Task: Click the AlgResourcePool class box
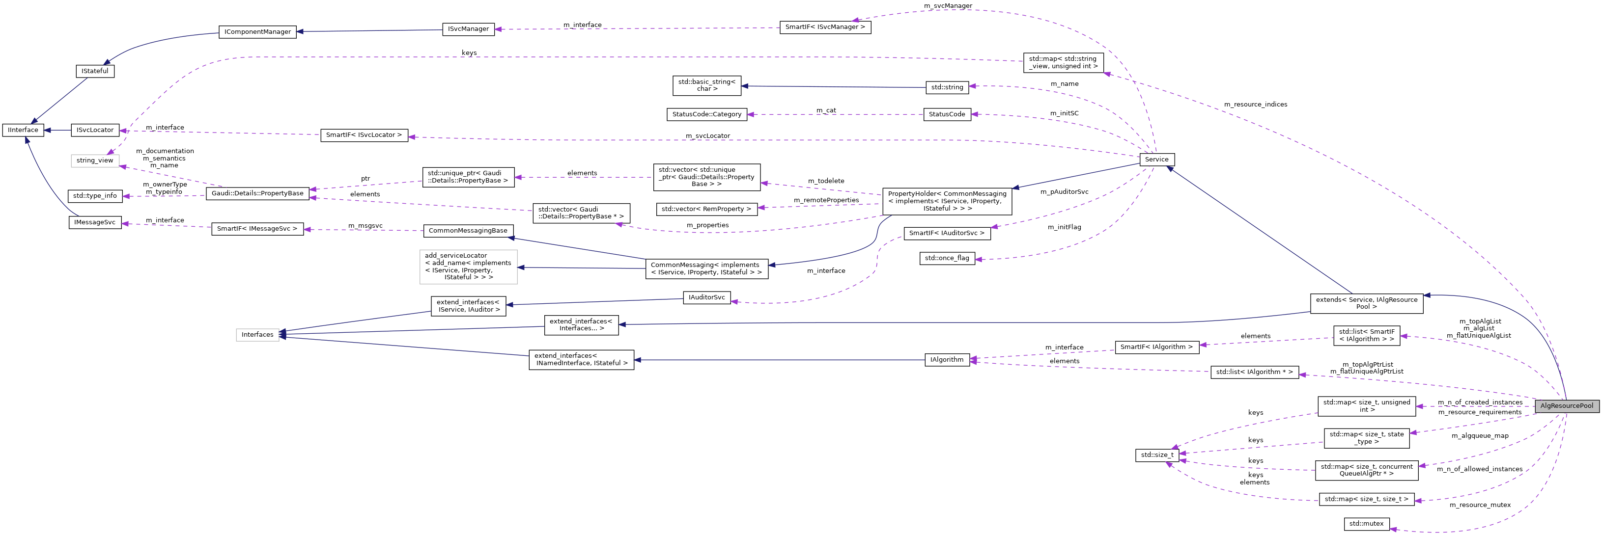coord(1567,406)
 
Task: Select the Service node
coord(1156,159)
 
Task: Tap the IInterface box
coord(23,130)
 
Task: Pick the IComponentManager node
coord(257,32)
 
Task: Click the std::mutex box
coord(1366,523)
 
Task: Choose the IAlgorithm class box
coord(947,360)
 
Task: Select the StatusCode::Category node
coord(706,114)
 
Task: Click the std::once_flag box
coord(947,258)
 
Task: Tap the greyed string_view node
coord(94,160)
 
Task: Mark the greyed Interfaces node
coord(257,334)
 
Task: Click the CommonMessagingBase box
coord(468,231)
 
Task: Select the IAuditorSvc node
coord(706,297)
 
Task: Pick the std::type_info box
coord(94,196)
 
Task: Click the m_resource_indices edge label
coord(1256,105)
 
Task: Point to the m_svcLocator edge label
coord(708,135)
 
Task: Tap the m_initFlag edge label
coord(1064,227)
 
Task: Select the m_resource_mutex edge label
coord(1480,505)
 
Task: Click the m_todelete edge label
coord(826,181)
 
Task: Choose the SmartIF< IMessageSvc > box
coord(257,229)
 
